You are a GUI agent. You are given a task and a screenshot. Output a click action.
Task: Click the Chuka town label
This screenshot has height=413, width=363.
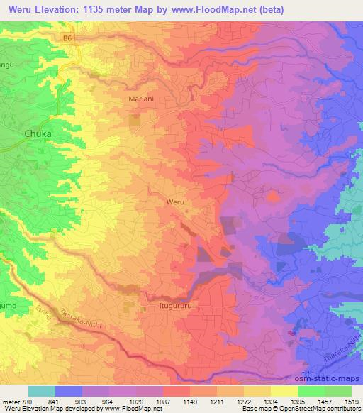click(39, 133)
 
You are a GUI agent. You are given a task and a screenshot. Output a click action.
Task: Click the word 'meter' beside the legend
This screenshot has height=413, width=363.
click(10, 401)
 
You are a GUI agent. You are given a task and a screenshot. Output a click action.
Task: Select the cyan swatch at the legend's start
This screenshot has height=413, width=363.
click(42, 391)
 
